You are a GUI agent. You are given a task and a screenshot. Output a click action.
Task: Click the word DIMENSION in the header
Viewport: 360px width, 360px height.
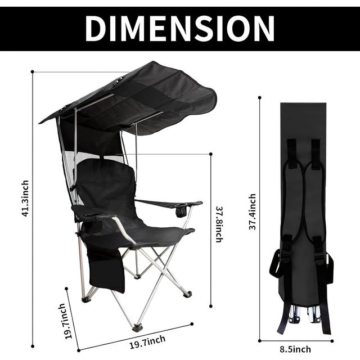[179, 27]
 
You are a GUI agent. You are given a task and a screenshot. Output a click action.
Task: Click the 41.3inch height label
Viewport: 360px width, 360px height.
[25, 200]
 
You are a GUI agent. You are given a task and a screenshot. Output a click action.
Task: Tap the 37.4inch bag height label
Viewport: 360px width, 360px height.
[253, 211]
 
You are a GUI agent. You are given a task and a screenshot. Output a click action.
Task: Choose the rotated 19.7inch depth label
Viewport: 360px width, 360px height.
[66, 321]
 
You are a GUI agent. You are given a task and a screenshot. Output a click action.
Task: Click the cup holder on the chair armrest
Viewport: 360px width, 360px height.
[181, 211]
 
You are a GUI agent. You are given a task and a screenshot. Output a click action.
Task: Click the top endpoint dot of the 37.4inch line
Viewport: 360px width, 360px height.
[259, 97]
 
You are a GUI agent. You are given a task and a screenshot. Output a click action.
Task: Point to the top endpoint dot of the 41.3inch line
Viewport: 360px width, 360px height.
[33, 71]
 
